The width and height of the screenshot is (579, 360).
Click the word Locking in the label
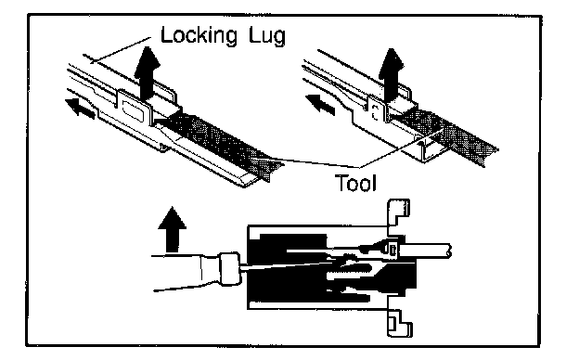click(x=199, y=36)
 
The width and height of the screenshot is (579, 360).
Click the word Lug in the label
click(x=267, y=36)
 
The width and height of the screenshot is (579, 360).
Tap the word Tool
click(x=356, y=183)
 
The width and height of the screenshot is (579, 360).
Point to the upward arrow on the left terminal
click(x=147, y=72)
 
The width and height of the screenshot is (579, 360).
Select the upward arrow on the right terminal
click(x=392, y=74)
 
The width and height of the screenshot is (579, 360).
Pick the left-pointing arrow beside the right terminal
click(x=320, y=103)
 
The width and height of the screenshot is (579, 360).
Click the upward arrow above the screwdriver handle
click(x=172, y=229)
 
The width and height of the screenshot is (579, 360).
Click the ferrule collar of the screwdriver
click(x=229, y=269)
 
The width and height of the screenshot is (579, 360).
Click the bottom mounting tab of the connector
click(x=400, y=322)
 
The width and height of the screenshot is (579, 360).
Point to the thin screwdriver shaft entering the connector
click(x=291, y=266)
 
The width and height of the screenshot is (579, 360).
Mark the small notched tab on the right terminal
click(x=376, y=110)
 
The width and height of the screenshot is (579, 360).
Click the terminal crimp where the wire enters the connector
click(x=392, y=250)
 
